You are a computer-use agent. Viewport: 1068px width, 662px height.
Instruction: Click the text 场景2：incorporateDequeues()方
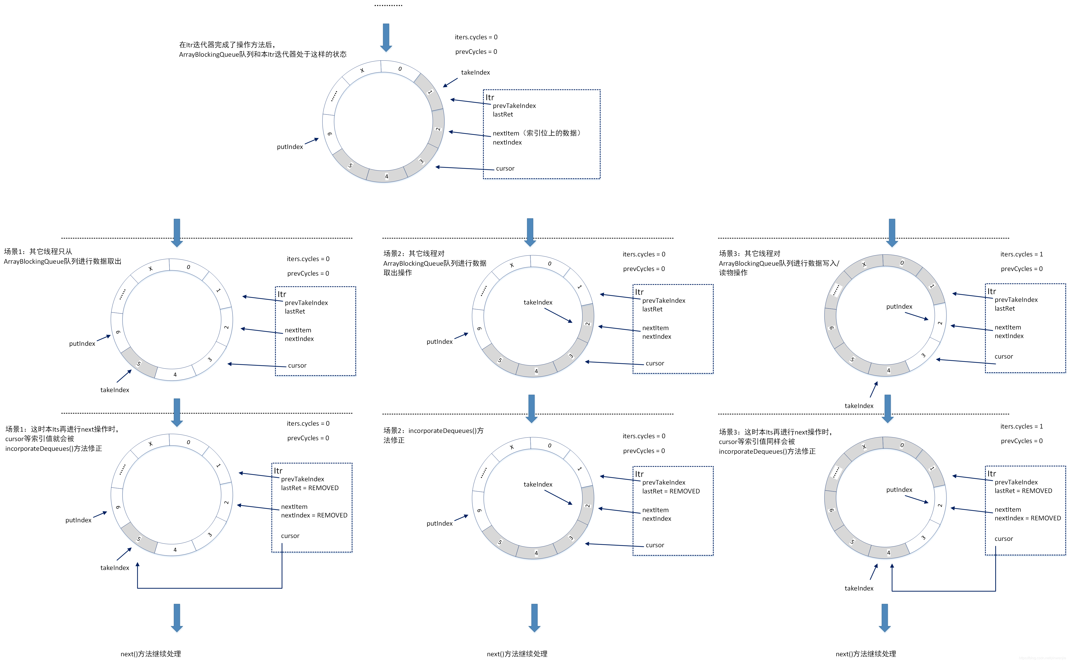(x=433, y=431)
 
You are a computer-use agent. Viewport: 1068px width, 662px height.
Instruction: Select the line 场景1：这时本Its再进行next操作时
(x=62, y=429)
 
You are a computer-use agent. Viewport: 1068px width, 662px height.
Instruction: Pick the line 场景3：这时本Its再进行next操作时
(x=775, y=432)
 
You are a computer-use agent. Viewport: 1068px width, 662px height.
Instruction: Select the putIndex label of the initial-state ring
(x=289, y=147)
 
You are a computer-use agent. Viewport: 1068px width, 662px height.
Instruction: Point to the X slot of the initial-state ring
(x=362, y=70)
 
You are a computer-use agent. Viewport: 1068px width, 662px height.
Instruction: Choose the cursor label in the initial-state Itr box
(x=505, y=169)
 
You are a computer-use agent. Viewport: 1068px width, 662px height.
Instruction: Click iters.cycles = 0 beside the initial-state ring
(x=476, y=37)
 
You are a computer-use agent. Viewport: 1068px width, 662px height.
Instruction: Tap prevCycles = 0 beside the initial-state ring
(x=476, y=52)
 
